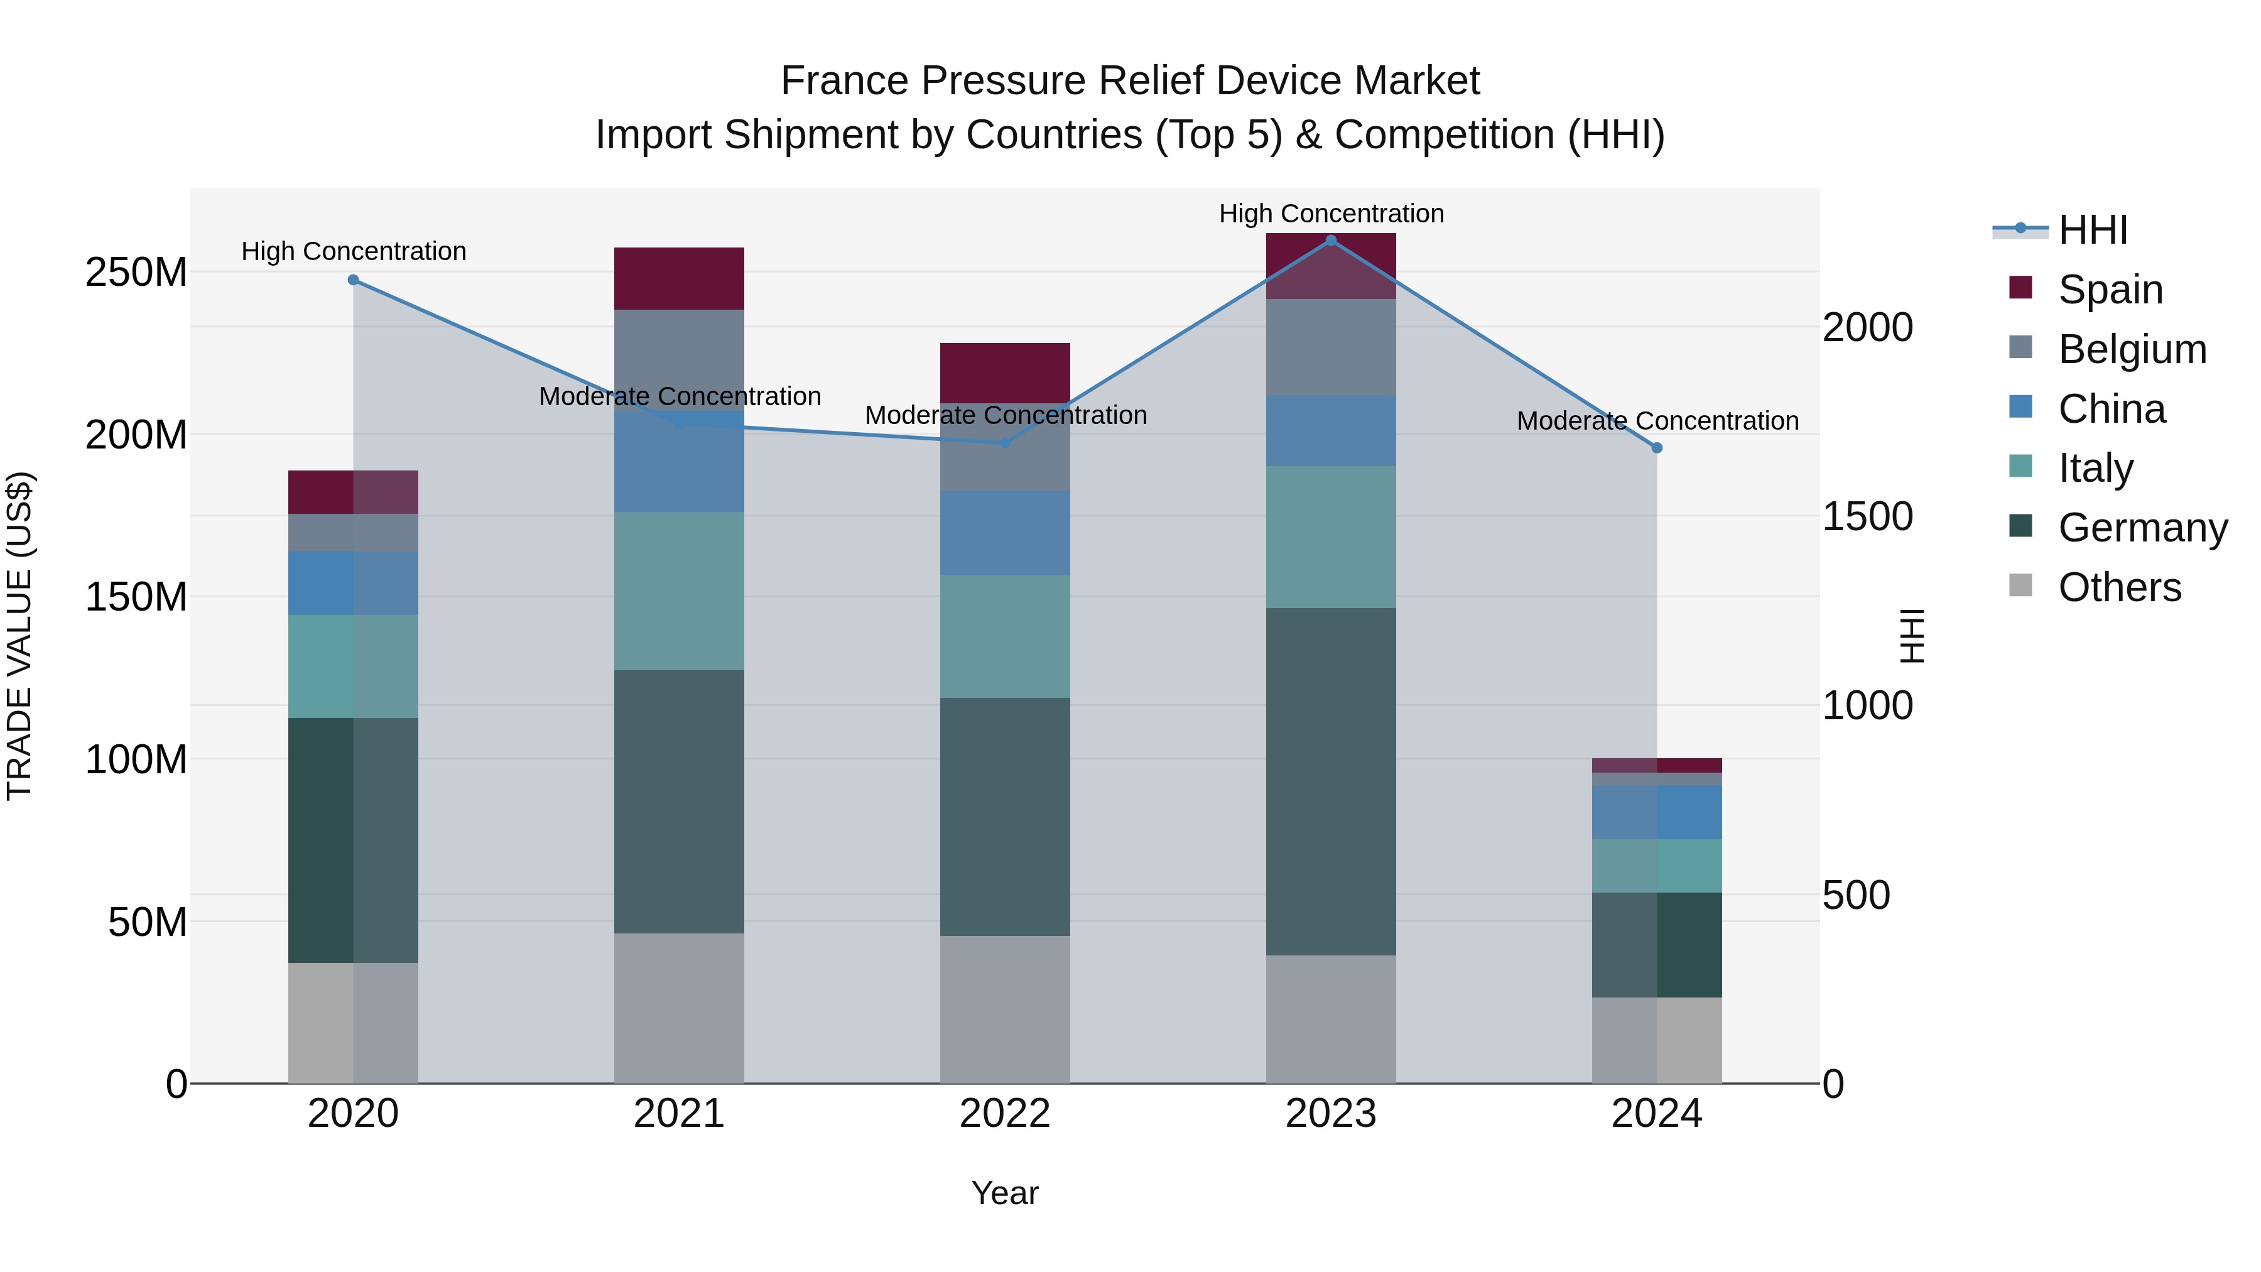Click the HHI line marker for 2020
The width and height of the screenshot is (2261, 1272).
tap(353, 280)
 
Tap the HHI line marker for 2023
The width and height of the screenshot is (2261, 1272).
tap(1331, 240)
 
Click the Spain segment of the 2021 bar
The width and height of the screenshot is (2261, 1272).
tap(678, 278)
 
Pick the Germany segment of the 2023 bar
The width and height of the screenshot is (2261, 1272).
tap(1331, 781)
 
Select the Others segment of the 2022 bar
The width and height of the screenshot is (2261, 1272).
tap(1005, 1009)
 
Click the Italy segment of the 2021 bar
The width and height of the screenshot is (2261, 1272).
tap(678, 591)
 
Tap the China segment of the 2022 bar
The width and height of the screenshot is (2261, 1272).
tap(1005, 533)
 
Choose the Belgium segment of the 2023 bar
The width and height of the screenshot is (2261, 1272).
tap(1331, 347)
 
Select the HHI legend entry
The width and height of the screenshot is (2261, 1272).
tap(2093, 230)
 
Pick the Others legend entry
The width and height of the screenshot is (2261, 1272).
tap(2119, 587)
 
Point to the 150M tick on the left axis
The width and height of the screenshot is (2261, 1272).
tap(136, 597)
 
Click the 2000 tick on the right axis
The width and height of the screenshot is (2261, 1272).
tap(1868, 327)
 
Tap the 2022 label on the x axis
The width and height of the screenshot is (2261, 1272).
tap(1005, 1114)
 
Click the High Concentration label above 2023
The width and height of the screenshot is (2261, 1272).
tap(1331, 214)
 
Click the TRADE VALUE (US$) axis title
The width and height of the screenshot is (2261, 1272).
tap(19, 636)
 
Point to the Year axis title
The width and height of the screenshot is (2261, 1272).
tap(1005, 1193)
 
